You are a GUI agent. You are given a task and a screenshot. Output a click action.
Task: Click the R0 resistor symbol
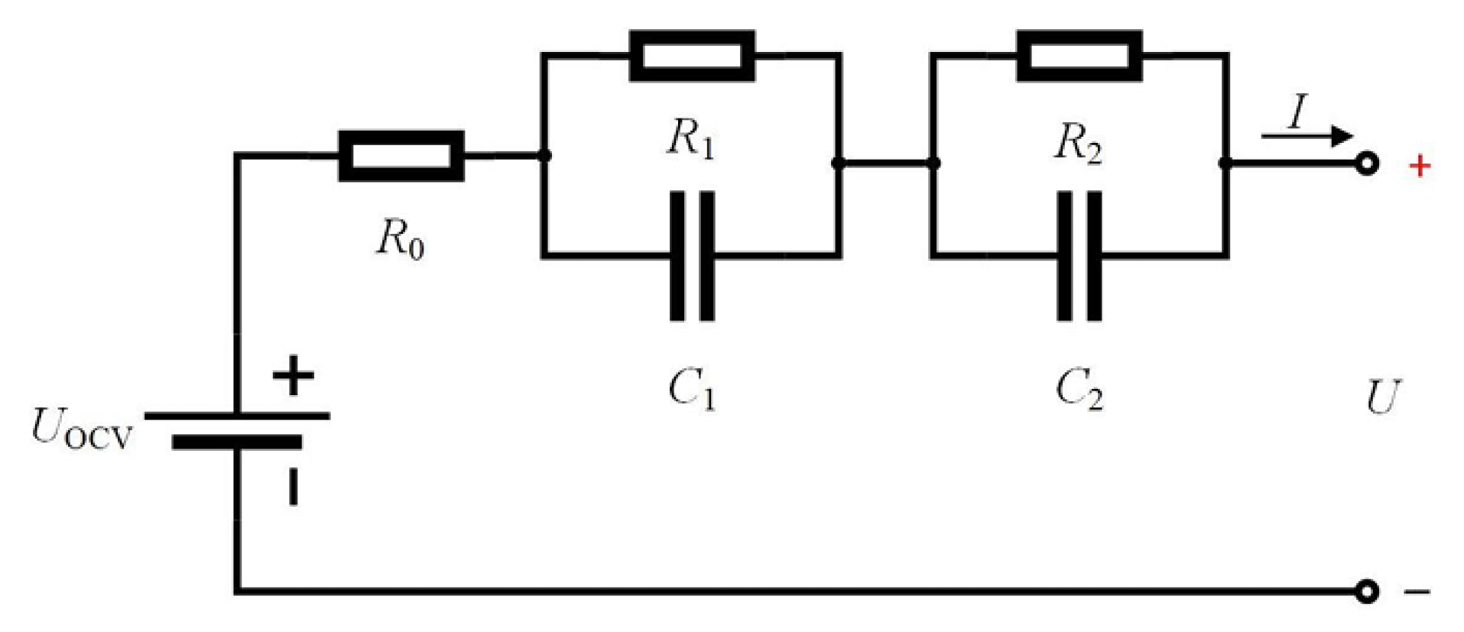(401, 156)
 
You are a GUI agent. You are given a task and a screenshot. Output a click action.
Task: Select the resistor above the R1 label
(692, 56)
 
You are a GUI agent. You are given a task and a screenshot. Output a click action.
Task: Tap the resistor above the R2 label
(1079, 56)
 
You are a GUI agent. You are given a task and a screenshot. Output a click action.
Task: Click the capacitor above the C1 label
(692, 256)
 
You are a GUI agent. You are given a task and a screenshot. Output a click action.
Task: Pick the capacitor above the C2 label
(1079, 256)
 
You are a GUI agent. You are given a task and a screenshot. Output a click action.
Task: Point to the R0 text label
(399, 238)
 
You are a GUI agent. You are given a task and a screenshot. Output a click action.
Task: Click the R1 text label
(690, 139)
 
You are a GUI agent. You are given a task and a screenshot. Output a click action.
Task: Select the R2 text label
(1078, 143)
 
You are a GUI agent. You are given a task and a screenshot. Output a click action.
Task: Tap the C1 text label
(691, 389)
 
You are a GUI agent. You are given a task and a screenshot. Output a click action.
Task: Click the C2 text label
(1079, 389)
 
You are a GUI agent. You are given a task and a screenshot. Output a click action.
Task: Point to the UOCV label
(80, 429)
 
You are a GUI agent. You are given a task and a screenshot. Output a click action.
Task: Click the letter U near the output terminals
(1382, 397)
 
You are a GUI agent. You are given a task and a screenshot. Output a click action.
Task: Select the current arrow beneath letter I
(1306, 137)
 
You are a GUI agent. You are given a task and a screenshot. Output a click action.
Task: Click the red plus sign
(1420, 166)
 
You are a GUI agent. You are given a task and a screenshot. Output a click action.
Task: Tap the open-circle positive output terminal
(1367, 164)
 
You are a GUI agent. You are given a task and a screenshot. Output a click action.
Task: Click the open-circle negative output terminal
(1367, 591)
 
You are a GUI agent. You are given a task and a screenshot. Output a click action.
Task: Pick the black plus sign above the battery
(293, 375)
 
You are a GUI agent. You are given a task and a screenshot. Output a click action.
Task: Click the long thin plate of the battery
(237, 416)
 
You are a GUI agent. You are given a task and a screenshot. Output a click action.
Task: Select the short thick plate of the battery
(237, 442)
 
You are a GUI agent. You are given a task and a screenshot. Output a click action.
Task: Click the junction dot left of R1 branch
(544, 156)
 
